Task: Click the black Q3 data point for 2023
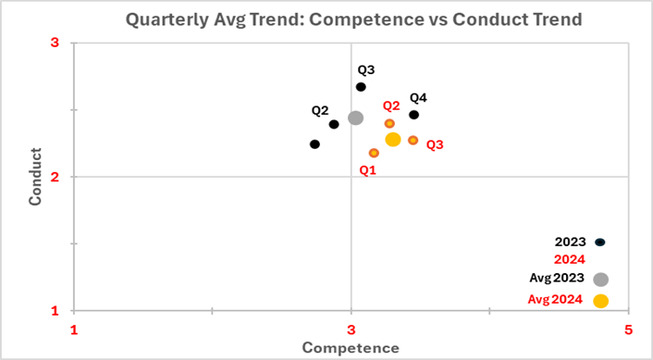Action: click(361, 87)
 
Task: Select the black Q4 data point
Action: click(413, 115)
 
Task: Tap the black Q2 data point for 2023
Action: click(334, 124)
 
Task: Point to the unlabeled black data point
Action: click(314, 144)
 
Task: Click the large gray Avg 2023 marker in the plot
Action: click(355, 118)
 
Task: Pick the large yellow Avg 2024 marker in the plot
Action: click(392, 139)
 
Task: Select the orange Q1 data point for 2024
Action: click(374, 153)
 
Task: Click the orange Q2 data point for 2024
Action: click(389, 123)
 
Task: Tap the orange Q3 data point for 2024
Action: click(413, 141)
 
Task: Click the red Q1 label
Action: click(367, 170)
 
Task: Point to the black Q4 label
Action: click(418, 97)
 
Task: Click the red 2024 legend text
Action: click(570, 260)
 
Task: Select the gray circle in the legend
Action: click(600, 279)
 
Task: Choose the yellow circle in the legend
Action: click(600, 301)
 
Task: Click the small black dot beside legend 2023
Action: click(599, 242)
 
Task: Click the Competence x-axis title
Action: click(351, 348)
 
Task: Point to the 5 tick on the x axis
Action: click(628, 330)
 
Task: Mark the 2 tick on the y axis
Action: click(55, 177)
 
